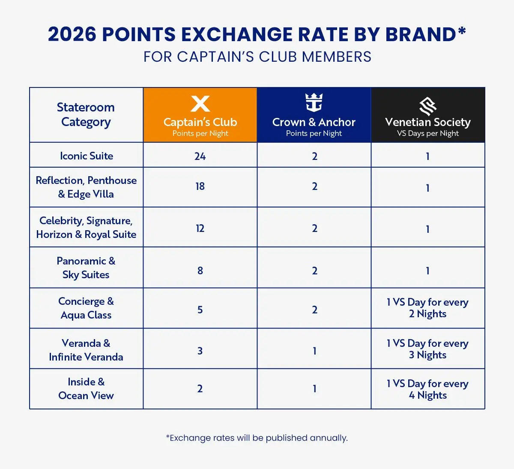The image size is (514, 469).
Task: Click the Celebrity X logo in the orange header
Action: [200, 104]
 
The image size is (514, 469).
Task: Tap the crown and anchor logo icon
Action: [314, 103]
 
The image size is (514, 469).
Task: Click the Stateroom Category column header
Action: [86, 114]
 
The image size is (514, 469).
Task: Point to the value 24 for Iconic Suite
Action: [200, 156]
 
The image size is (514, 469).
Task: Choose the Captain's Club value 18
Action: [200, 186]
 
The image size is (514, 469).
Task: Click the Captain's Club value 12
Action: [200, 228]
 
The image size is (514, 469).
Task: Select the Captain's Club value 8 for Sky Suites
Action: [200, 271]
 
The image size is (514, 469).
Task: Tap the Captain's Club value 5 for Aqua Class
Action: [200, 310]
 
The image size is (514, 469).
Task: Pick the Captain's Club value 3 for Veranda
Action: [200, 351]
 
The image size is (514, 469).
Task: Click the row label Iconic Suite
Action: [87, 156]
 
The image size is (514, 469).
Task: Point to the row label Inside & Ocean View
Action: [86, 389]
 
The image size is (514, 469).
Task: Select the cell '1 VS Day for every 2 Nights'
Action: [427, 308]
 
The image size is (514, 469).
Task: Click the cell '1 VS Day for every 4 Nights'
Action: [427, 389]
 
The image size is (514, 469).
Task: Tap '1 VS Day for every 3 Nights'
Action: [427, 349]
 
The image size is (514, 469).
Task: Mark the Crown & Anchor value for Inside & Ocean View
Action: [314, 389]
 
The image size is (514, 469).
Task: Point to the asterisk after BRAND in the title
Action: [461, 32]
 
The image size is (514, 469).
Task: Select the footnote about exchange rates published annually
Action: [257, 438]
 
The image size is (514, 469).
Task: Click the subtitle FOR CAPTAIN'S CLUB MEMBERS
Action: [257, 57]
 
